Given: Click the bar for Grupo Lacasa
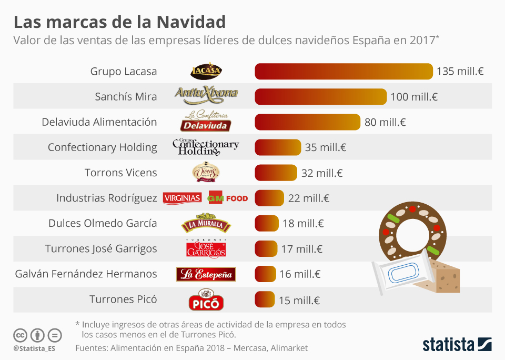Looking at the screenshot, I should (x=344, y=72).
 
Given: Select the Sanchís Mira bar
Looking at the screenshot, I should (x=321, y=97).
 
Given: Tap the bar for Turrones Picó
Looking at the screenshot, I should (x=265, y=299).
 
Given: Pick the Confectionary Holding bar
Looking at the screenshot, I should (x=278, y=147).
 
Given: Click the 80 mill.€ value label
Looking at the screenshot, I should (x=385, y=122).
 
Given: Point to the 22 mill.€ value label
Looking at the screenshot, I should (x=309, y=198).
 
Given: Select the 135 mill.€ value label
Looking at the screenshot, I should (x=460, y=72).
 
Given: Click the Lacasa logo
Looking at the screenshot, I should (x=206, y=71).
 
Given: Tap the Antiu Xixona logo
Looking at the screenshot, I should (x=206, y=95).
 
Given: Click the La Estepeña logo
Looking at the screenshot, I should (x=206, y=274).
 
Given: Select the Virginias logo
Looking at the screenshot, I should (x=183, y=198).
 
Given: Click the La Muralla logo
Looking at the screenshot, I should (x=206, y=224).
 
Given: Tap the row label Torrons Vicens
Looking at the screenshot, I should (x=120, y=173).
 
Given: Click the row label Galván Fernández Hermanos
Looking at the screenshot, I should (x=86, y=274).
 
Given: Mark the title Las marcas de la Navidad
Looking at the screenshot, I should (x=119, y=22).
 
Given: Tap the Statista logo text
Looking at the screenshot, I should (x=448, y=345).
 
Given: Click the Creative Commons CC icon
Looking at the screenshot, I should (x=20, y=335).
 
